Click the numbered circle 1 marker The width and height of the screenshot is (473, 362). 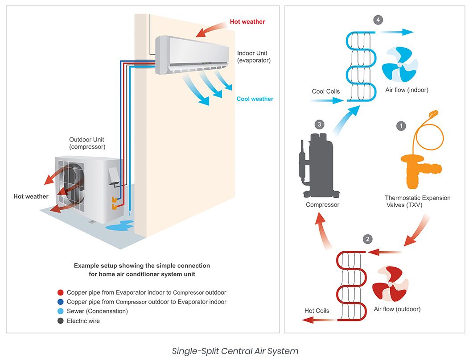tap(401, 126)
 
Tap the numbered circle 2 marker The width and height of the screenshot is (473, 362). tap(367, 239)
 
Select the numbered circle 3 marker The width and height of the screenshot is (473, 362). tap(319, 124)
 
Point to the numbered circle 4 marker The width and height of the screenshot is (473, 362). tap(378, 20)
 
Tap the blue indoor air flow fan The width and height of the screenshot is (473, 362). tap(400, 65)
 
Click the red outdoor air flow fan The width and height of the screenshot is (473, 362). tap(390, 284)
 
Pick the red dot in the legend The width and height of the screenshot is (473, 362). tap(61, 293)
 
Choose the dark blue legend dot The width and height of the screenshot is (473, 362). tap(61, 302)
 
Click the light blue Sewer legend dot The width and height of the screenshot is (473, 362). tap(61, 312)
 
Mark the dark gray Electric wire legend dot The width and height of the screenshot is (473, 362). tap(61, 321)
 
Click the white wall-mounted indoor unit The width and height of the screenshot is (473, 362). tap(192, 54)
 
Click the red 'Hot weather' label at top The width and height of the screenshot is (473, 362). tap(247, 21)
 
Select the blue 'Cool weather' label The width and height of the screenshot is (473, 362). tap(255, 99)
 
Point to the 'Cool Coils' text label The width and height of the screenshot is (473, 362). tap(325, 92)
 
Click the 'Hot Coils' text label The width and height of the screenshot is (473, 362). tap(317, 311)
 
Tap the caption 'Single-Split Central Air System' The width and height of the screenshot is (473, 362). tap(235, 351)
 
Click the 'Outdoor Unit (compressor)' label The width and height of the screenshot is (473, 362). tap(87, 143)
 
